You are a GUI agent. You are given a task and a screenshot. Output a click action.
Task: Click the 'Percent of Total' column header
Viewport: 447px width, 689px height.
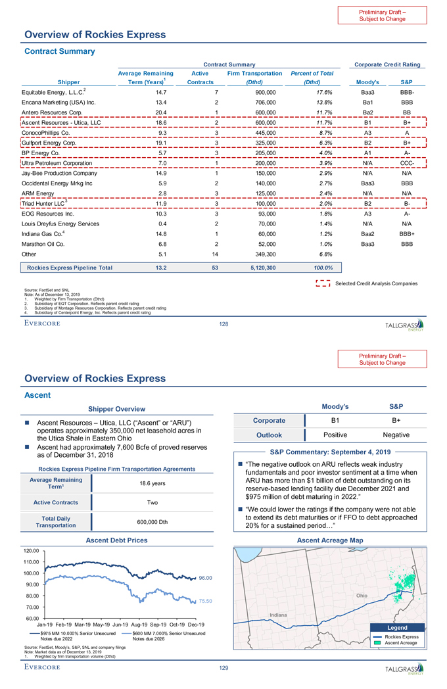[x=312, y=74]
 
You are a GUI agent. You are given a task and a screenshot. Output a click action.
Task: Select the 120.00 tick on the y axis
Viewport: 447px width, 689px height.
[x=32, y=550]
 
